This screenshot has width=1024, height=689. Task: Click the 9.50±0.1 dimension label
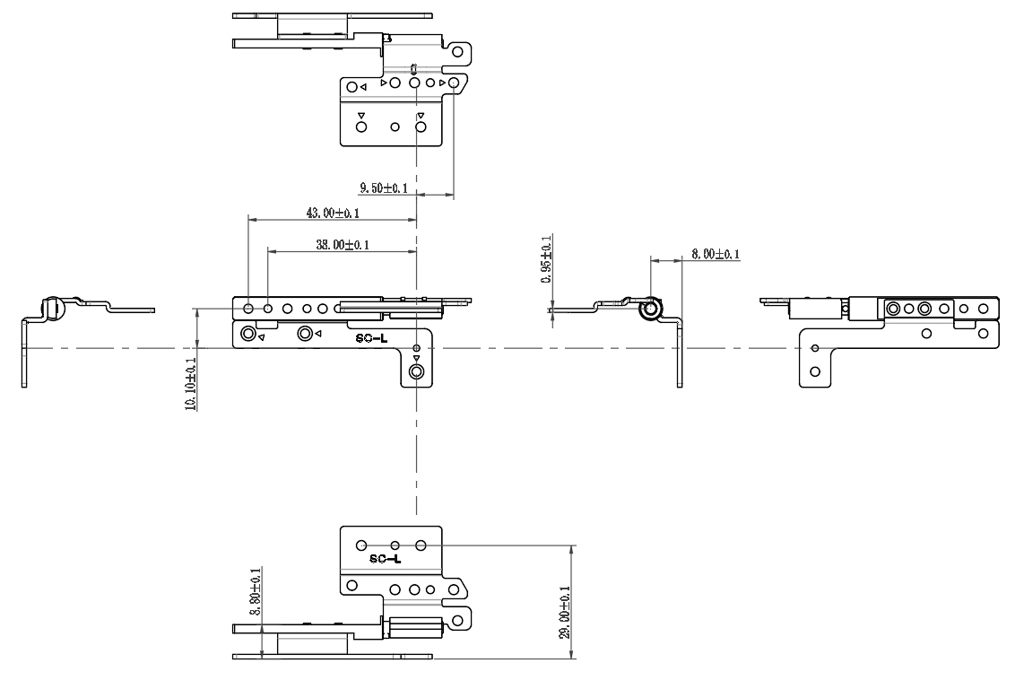[384, 188]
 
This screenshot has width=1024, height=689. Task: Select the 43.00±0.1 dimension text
[333, 214]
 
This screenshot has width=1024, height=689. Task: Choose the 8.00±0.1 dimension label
[715, 255]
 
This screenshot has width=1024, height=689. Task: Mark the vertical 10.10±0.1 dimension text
[189, 383]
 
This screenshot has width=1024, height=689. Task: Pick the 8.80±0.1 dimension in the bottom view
[255, 591]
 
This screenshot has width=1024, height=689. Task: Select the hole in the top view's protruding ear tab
[458, 52]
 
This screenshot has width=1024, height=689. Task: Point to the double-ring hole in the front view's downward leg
[416, 371]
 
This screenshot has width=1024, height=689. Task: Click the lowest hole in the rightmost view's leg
[814, 371]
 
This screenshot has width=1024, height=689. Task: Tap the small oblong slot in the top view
[414, 69]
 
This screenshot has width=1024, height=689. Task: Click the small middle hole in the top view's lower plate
[395, 127]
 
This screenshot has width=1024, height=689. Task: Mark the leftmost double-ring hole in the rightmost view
[893, 309]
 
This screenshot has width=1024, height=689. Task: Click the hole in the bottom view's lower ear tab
[458, 618]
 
